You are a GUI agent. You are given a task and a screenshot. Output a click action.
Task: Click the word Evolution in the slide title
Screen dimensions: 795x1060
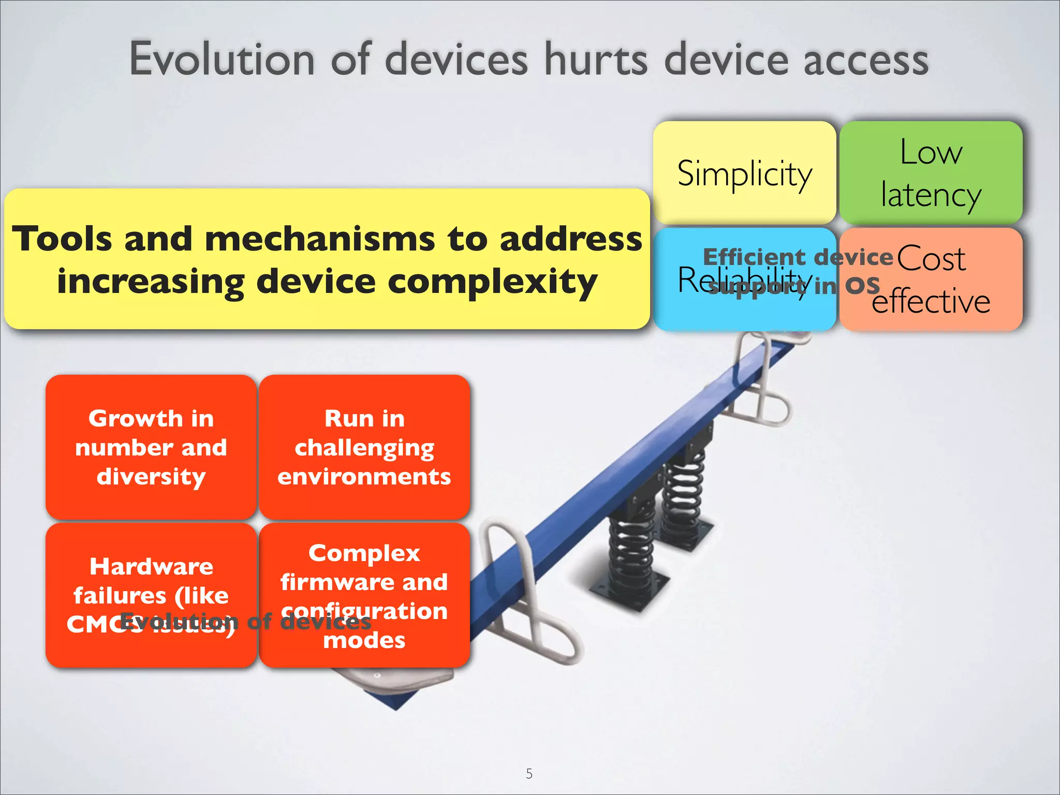tap(222, 60)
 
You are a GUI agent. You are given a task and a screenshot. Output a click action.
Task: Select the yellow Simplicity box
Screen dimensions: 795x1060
tap(744, 173)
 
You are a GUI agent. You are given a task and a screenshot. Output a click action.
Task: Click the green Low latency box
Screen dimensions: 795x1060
tap(931, 173)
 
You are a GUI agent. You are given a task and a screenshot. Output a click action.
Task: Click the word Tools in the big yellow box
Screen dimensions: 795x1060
tap(62, 239)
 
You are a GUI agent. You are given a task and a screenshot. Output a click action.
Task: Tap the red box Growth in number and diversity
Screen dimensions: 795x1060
tap(151, 447)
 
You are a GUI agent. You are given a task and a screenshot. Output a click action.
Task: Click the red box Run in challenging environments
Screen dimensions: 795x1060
tap(364, 447)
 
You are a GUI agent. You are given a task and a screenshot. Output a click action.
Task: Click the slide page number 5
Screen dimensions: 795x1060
tap(529, 773)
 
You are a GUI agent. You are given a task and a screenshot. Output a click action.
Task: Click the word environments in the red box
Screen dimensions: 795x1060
tap(364, 476)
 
